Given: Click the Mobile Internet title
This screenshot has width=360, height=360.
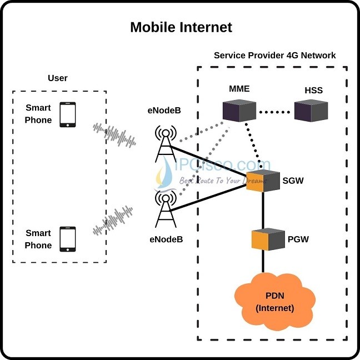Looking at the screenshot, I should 181,27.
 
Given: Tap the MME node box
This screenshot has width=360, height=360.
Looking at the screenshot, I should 239,111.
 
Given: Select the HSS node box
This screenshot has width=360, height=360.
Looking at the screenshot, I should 311,111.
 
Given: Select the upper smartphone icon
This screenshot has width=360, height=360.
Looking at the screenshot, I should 68,114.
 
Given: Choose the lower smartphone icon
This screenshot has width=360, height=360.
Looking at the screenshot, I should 68,238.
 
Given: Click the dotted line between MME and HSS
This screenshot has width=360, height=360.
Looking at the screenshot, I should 275,112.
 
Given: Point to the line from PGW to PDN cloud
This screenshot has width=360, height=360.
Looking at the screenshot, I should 263,262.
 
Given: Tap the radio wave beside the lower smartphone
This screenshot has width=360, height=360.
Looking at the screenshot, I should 114,221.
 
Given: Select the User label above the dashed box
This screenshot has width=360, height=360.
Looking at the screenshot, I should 58,78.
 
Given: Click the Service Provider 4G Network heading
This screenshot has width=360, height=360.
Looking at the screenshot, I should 274,56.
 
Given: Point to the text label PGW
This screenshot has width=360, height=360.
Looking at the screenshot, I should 298,239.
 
